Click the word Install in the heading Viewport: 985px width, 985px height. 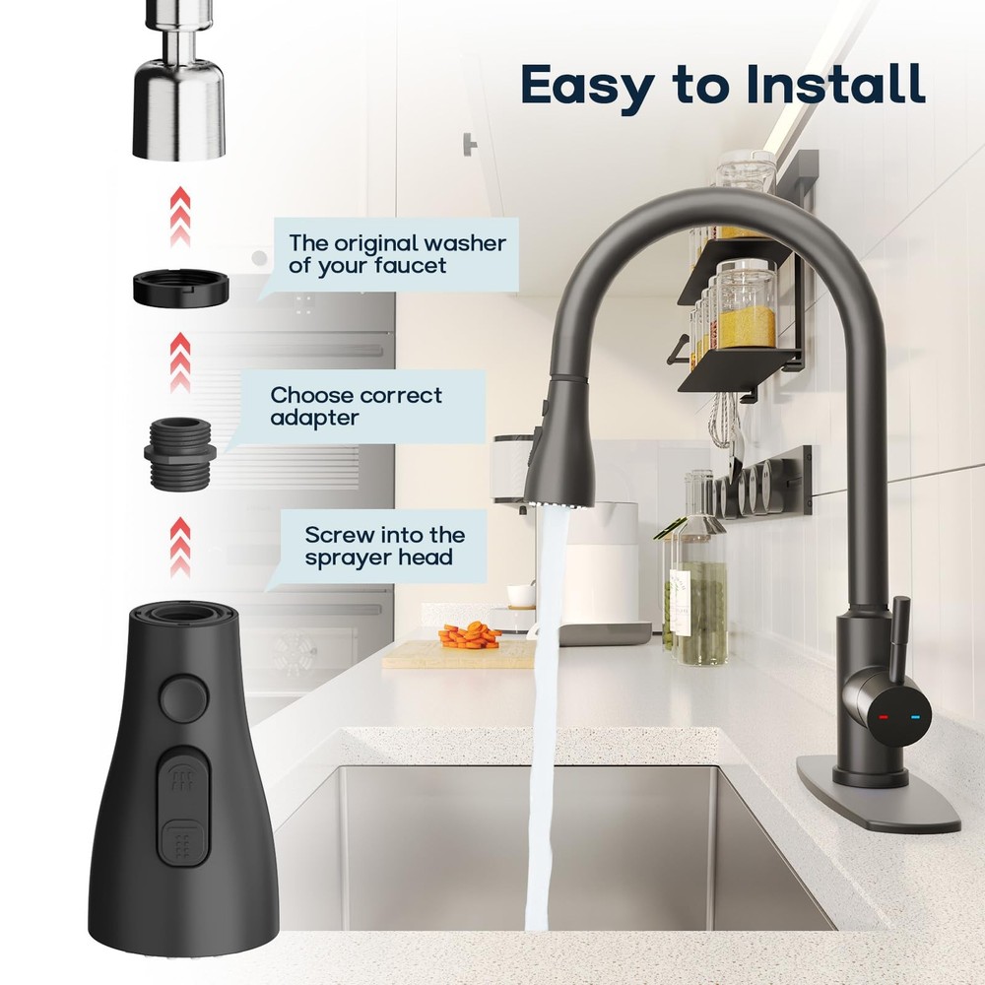[x=835, y=85]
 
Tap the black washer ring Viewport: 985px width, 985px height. [x=181, y=287]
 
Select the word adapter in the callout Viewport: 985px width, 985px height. [x=315, y=418]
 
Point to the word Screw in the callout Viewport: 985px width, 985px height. [x=337, y=535]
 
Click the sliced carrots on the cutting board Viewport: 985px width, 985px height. [x=469, y=635]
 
